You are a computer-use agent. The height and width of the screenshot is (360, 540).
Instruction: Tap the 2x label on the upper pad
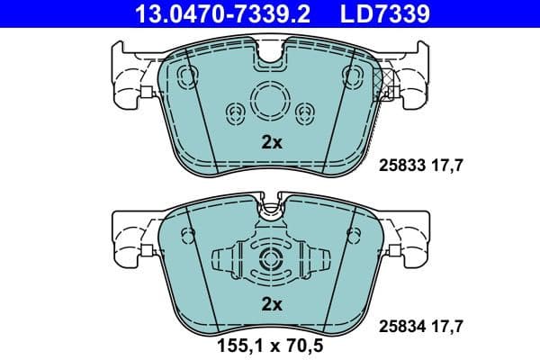[x=272, y=141]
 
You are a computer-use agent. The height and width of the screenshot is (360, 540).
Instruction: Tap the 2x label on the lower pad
[x=272, y=305]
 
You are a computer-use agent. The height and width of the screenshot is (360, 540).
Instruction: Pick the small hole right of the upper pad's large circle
[x=306, y=112]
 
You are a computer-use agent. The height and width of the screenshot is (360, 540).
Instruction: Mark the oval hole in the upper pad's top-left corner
[x=187, y=75]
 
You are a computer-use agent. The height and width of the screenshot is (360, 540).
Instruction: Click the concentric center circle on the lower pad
[x=271, y=262]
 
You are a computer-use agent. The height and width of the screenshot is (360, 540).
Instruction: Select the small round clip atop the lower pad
[x=271, y=213]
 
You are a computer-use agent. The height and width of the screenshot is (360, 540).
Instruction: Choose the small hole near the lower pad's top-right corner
[x=355, y=236]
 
